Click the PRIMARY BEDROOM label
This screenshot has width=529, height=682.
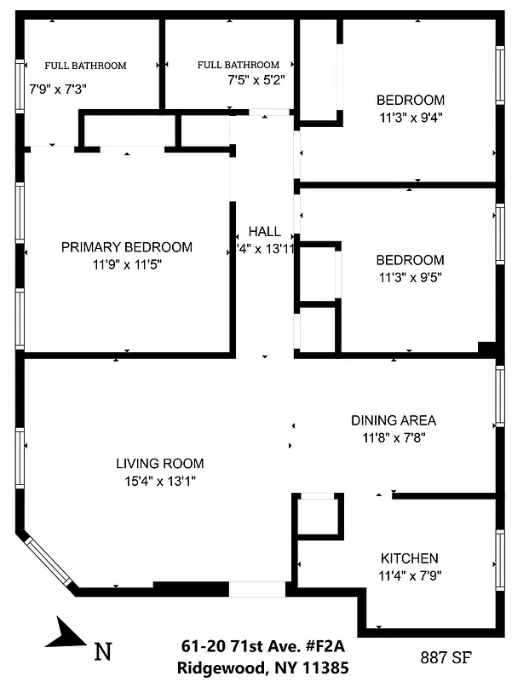pyautogui.click(x=127, y=247)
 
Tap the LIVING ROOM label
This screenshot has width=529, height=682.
pyautogui.click(x=160, y=464)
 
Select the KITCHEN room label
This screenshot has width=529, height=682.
pyautogui.click(x=409, y=558)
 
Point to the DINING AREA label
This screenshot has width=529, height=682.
pyautogui.click(x=394, y=420)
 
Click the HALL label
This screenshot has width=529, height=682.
pyautogui.click(x=264, y=232)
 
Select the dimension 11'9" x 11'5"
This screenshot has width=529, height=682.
pyautogui.click(x=127, y=264)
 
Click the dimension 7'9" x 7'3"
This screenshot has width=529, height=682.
pyautogui.click(x=58, y=88)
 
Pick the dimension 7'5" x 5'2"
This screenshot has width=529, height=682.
pyautogui.click(x=256, y=80)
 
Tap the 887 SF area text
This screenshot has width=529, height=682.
pyautogui.click(x=446, y=657)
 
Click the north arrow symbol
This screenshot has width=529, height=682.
pyautogui.click(x=65, y=633)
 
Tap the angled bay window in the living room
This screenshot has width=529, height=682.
pyautogui.click(x=48, y=559)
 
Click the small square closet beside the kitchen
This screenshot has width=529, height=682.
pyautogui.click(x=319, y=517)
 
